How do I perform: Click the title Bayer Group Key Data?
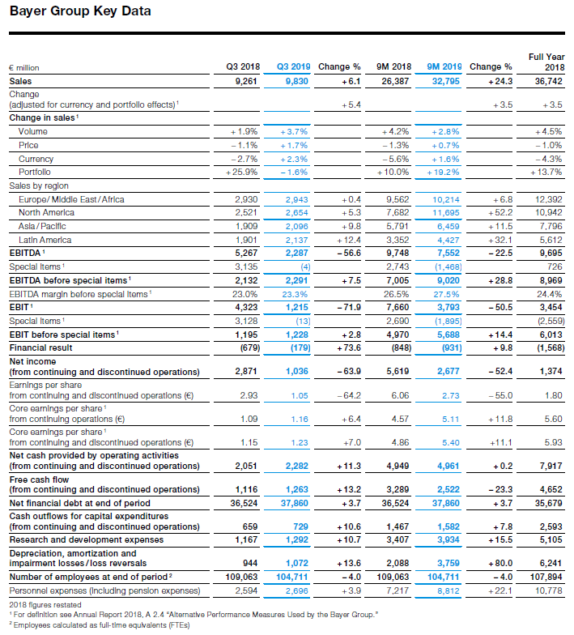[x=80, y=11]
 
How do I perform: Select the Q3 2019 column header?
[x=293, y=66]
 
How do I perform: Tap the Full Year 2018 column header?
[x=546, y=62]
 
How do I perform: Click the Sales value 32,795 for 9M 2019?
[x=445, y=81]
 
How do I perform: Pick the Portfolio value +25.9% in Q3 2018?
[x=241, y=172]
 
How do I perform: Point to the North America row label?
[x=47, y=212]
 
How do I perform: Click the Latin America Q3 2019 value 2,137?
[x=296, y=240]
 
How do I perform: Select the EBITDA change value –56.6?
[x=349, y=253]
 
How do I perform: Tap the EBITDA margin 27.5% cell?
[x=447, y=295]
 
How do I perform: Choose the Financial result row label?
[x=40, y=348]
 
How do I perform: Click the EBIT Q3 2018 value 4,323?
[x=246, y=308]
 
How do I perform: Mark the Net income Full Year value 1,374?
[x=551, y=371]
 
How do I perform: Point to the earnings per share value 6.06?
[x=400, y=395]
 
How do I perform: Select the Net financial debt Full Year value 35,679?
[x=549, y=504]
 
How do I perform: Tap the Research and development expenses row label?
[x=87, y=539]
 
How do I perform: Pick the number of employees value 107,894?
[x=546, y=577]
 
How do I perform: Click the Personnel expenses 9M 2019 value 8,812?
[x=449, y=591]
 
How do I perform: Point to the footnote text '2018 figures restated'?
[x=45, y=605]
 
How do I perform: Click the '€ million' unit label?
[x=24, y=68]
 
